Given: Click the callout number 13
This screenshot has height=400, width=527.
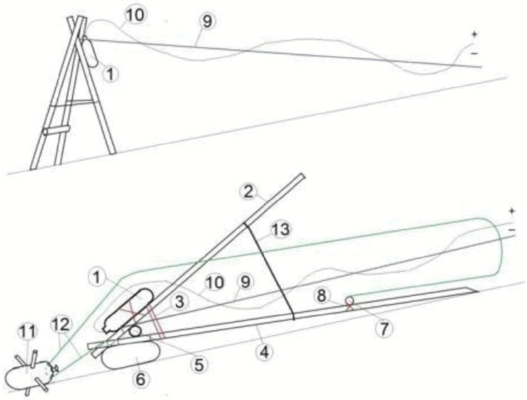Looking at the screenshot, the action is [281, 230].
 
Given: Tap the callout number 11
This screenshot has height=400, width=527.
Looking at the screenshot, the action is [27, 332].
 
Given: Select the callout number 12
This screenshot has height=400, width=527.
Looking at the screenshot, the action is [60, 325].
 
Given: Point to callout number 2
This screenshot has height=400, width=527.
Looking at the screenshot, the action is [248, 193].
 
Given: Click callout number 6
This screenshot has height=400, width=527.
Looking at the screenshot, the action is [140, 379].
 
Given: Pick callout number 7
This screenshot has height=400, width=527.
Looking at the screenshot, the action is [384, 329].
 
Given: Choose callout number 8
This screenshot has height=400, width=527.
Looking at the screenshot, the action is [322, 296].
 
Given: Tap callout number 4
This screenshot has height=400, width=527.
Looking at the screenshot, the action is [265, 353].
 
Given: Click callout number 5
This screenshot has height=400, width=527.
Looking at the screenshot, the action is [199, 365].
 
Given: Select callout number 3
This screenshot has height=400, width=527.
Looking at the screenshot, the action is [179, 302].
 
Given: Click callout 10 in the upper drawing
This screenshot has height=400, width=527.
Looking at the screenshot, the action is [135, 15].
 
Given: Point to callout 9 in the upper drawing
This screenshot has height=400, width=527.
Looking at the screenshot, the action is [207, 22].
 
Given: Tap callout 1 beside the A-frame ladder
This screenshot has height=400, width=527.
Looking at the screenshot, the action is [110, 74].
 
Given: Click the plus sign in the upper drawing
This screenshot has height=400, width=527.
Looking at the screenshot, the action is [474, 34].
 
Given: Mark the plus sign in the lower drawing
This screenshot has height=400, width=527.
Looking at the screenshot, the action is [511, 211].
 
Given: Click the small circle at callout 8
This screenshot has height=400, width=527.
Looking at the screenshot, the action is [349, 299].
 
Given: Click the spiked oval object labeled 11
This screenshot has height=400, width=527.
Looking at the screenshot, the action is [31, 372].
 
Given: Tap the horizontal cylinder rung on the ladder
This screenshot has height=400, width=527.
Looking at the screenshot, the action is [56, 130].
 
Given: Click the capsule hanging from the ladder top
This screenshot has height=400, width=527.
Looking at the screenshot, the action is [90, 52].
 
